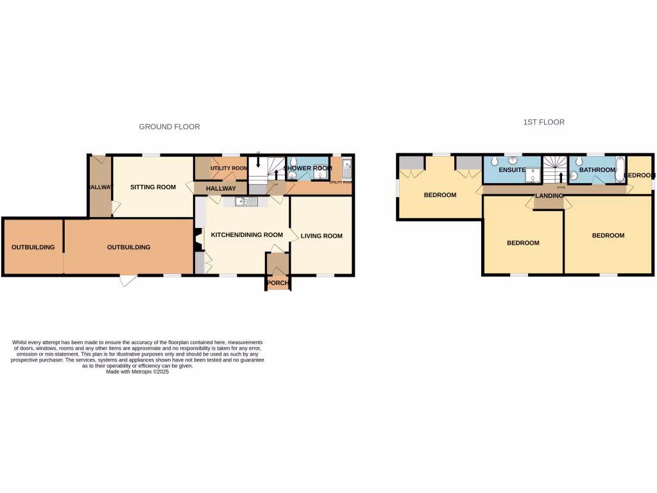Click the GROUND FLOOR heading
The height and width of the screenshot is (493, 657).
click(x=169, y=127)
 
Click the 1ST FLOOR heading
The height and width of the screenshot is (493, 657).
click(x=543, y=122)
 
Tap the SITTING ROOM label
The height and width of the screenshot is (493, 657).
click(x=153, y=187)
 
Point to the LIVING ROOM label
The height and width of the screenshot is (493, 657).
click(x=322, y=236)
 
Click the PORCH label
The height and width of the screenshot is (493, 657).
click(x=278, y=283)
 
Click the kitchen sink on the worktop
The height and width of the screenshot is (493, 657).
click(x=243, y=202)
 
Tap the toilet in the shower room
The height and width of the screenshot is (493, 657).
click(x=293, y=173)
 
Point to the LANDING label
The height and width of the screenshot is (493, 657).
click(x=549, y=196)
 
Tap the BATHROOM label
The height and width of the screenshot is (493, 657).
click(x=597, y=170)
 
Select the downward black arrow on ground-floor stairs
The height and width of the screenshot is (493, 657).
click(x=258, y=163)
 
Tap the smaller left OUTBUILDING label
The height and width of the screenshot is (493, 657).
click(x=33, y=247)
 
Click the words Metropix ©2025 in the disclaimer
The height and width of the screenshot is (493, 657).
click(x=148, y=372)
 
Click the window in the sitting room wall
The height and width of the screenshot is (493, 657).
click(x=151, y=155)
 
